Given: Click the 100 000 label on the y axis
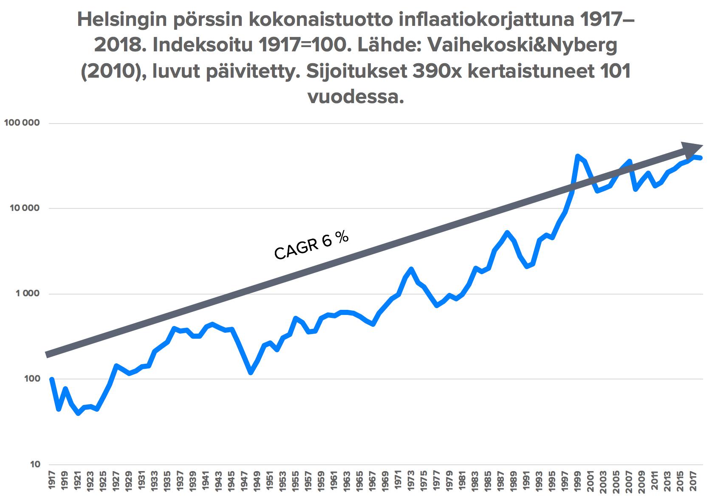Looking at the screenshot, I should (x=22, y=123).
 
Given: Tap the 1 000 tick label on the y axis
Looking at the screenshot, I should (x=28, y=294).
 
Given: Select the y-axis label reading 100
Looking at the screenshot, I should (x=32, y=379).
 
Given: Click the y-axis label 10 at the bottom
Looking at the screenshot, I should (x=35, y=464).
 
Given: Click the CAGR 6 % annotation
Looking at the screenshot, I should (x=311, y=245).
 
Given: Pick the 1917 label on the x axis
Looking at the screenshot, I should (x=52, y=480).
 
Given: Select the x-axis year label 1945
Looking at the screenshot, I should (x=232, y=480).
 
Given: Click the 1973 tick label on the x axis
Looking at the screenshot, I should (x=411, y=480).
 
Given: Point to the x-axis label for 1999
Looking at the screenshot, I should (x=577, y=480).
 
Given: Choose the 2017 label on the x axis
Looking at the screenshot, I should (x=693, y=480).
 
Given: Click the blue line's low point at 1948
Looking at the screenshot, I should (x=251, y=373).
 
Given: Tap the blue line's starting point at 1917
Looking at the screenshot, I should (x=52, y=379).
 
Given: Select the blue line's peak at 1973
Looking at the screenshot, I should (x=411, y=269).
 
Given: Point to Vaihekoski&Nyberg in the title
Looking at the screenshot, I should (x=522, y=45).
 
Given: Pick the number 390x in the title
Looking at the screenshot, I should (x=437, y=71).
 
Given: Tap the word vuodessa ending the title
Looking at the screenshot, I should (x=356, y=97).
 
